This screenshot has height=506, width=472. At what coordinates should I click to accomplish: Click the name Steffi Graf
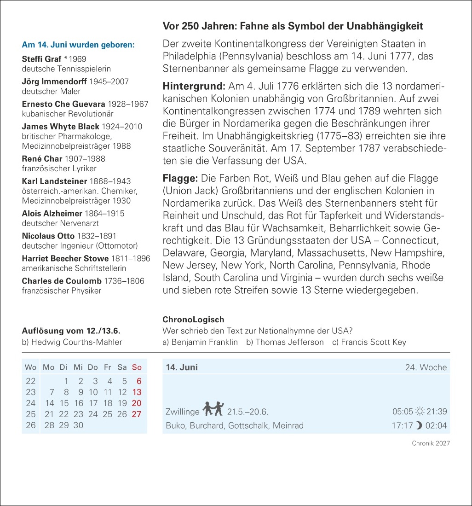tap(41, 59)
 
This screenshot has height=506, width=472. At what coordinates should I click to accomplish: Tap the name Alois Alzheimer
tap(52, 214)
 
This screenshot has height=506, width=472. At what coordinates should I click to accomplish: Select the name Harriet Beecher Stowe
tap(65, 259)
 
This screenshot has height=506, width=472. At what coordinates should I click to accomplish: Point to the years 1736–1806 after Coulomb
tap(124, 281)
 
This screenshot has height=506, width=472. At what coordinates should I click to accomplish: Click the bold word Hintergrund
tap(194, 87)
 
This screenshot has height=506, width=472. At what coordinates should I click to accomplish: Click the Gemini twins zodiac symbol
tap(213, 408)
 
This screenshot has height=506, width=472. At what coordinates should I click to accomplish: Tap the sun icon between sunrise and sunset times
tap(420, 412)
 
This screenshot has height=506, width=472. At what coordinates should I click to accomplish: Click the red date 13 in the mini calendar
tap(137, 392)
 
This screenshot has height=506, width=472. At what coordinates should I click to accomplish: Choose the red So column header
tap(137, 367)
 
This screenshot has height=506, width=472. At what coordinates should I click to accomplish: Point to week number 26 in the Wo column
tap(31, 425)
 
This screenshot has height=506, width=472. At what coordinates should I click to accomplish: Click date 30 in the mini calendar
tap(79, 425)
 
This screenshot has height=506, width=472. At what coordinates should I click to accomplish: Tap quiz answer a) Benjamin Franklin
tap(200, 342)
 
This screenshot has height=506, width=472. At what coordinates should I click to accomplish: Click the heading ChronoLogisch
tap(193, 320)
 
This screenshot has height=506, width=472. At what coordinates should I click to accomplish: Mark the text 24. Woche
tap(426, 367)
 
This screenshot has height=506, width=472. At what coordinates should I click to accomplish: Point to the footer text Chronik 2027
tap(431, 443)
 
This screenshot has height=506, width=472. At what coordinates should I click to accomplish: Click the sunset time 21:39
tap(437, 412)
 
